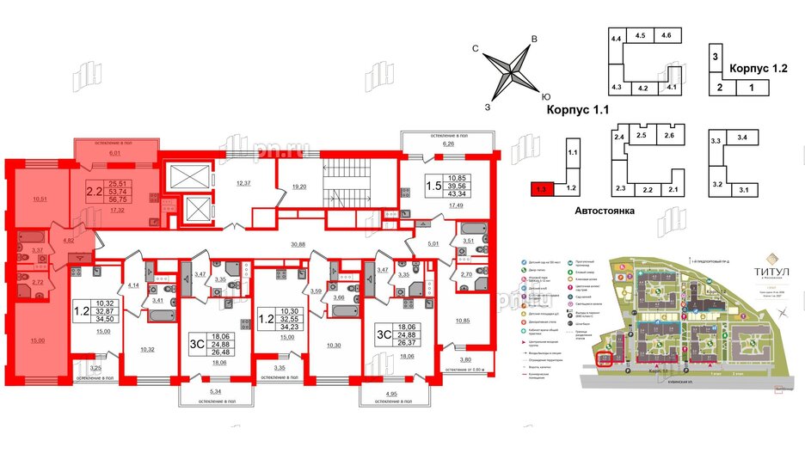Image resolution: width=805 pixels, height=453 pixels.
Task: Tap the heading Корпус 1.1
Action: point(576,111)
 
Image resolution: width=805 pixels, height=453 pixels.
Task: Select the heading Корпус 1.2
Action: point(759,68)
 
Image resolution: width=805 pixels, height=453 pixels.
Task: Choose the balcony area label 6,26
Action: point(447,144)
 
